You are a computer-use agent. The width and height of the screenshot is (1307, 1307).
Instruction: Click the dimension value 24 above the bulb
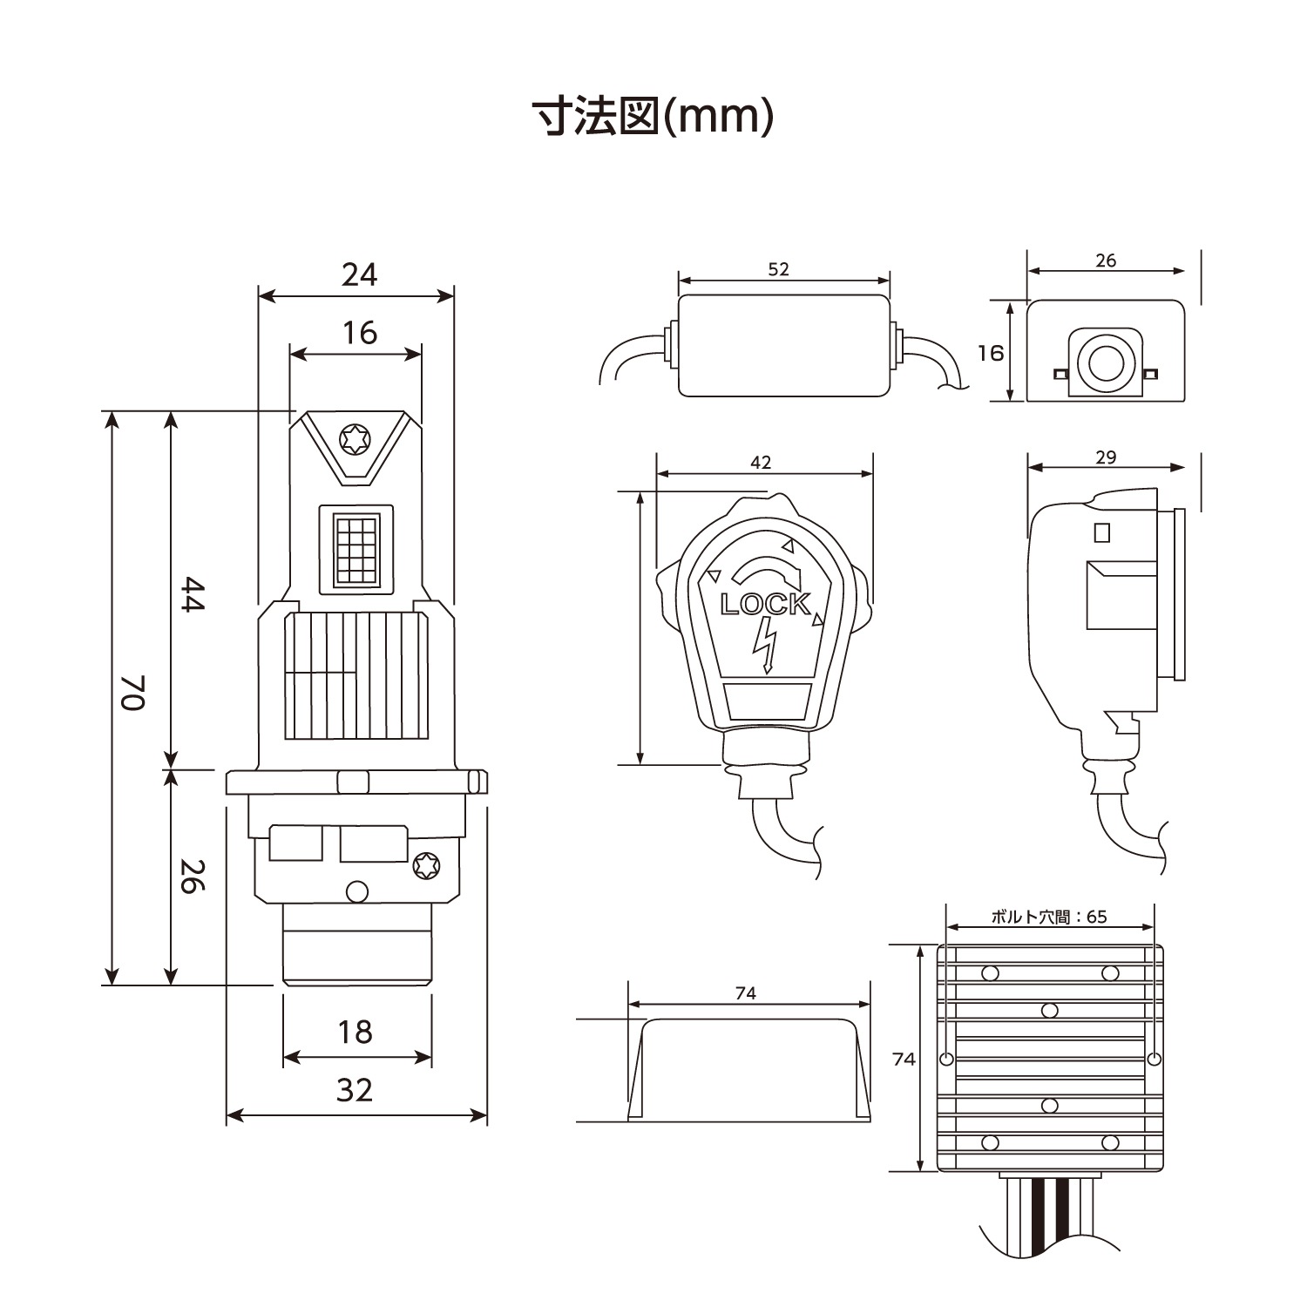[x=359, y=274]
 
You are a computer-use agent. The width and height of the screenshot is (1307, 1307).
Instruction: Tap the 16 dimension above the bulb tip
[x=359, y=333]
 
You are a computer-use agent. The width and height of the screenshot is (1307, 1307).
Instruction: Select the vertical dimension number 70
[x=132, y=693]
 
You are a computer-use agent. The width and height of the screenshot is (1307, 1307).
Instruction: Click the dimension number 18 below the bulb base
[x=356, y=1032]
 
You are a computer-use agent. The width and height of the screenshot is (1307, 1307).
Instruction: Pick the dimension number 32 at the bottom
[x=355, y=1090]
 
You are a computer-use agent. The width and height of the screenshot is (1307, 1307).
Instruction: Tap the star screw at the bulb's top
[x=355, y=439]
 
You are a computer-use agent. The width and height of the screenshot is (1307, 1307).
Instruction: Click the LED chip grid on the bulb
[x=356, y=550]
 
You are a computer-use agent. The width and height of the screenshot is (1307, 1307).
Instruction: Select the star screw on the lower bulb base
[x=426, y=865]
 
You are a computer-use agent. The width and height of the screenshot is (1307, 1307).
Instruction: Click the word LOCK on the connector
[x=764, y=604]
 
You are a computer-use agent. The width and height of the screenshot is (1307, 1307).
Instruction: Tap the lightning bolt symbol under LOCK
[x=764, y=646]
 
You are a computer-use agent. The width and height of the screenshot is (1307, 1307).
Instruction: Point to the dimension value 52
[x=778, y=269]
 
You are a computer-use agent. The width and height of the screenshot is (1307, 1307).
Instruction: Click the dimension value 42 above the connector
[x=761, y=463]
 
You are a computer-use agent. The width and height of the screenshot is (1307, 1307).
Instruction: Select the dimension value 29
[x=1105, y=457]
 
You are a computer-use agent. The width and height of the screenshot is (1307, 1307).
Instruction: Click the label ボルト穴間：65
[x=1048, y=917]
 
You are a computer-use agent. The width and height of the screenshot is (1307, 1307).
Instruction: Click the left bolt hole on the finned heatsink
[x=947, y=1059]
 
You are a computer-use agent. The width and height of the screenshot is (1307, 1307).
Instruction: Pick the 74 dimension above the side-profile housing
[x=746, y=993]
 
